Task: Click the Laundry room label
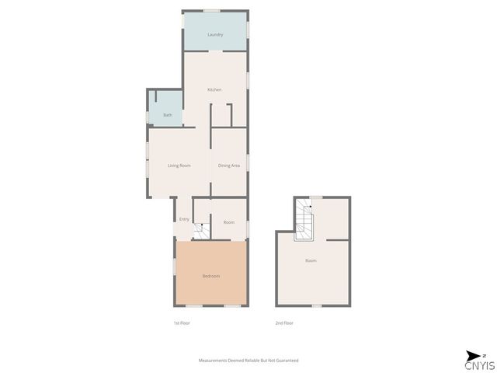pyautogui.click(x=215, y=34)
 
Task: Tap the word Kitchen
pyautogui.click(x=214, y=90)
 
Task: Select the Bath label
pyautogui.click(x=168, y=115)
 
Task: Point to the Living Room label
pyautogui.click(x=179, y=166)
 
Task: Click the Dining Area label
pyautogui.click(x=229, y=166)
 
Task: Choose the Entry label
pyautogui.click(x=184, y=219)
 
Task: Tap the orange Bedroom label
pyautogui.click(x=211, y=277)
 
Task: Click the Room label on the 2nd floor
pyautogui.click(x=311, y=260)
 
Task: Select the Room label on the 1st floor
pyautogui.click(x=229, y=222)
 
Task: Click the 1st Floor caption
pyautogui.click(x=182, y=323)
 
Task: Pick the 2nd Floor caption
pyautogui.click(x=284, y=323)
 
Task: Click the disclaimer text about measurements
pyautogui.click(x=248, y=361)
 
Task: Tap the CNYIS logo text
pyautogui.click(x=480, y=365)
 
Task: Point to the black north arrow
pyautogui.click(x=473, y=356)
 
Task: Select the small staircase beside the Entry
pyautogui.click(x=201, y=232)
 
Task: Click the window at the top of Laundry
pyautogui.click(x=212, y=11)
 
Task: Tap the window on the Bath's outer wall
pyautogui.click(x=148, y=117)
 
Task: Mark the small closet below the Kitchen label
pyautogui.click(x=221, y=116)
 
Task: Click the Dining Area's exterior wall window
pyautogui.click(x=248, y=162)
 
